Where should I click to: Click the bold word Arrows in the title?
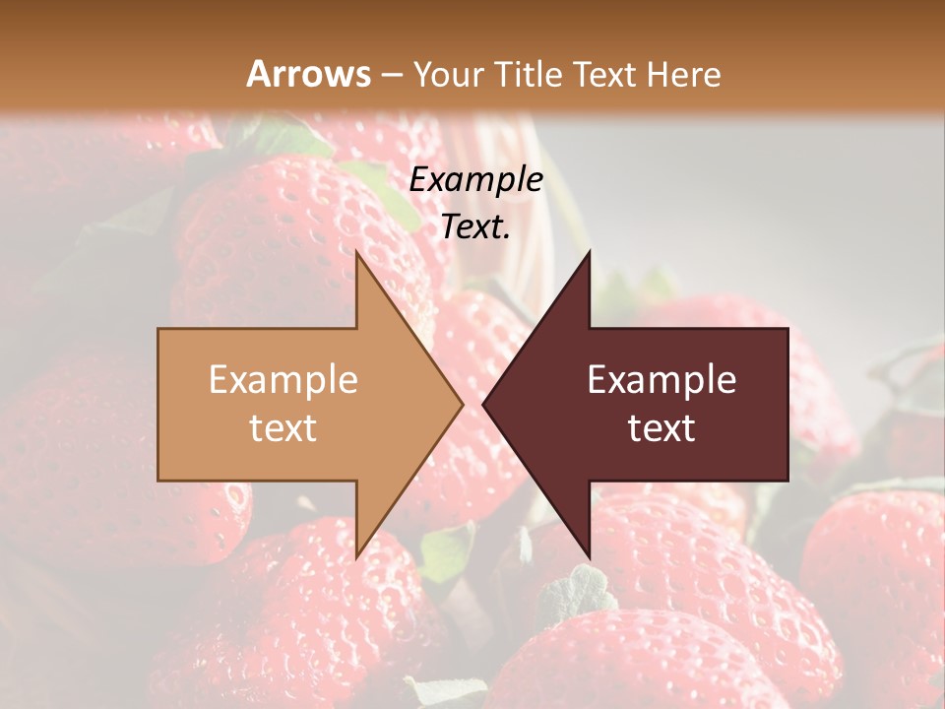pos(308,74)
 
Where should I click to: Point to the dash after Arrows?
pos(392,75)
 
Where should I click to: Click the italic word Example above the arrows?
pos(475,180)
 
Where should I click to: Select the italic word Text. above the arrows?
pos(475,227)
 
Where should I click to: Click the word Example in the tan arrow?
pos(283,379)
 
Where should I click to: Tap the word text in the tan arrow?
pos(283,428)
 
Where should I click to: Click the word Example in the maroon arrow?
pos(661,379)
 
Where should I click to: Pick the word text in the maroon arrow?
pos(661,428)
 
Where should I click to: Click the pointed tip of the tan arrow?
pos(461,404)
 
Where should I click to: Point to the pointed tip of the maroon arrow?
pos(485,404)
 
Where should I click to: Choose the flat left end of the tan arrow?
pos(160,404)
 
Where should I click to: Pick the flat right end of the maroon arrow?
pos(786,404)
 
